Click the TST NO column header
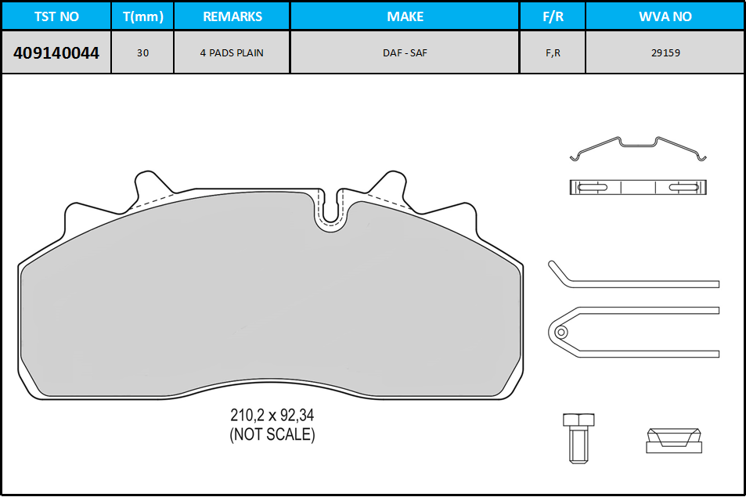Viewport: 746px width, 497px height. tap(56, 16)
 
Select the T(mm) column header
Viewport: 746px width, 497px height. tap(142, 16)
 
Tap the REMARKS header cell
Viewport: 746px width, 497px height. tap(232, 16)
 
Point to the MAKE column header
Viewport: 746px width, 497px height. tap(405, 16)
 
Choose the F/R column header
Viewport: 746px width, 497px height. tap(553, 16)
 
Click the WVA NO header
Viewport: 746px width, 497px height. tap(665, 16)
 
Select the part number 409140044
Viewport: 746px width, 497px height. tap(56, 52)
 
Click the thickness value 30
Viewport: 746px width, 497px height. tap(142, 52)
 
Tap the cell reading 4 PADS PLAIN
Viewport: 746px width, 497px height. tap(232, 52)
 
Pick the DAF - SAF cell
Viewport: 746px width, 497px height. tap(405, 52)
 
